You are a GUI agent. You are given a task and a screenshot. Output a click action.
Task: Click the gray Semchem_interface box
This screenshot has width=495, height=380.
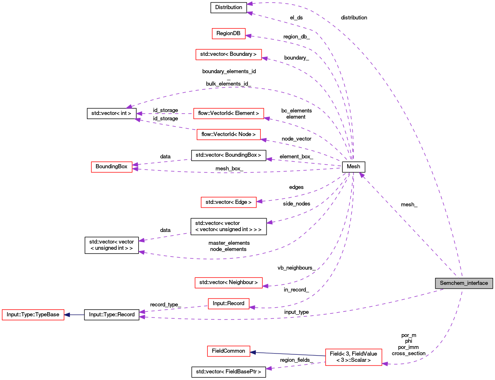pyautogui.click(x=464, y=283)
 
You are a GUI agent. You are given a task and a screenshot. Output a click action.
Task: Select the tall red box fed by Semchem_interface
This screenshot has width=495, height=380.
pyautogui.click(x=353, y=357)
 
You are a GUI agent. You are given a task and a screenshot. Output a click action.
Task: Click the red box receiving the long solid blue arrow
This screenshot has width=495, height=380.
pyautogui.click(x=228, y=351)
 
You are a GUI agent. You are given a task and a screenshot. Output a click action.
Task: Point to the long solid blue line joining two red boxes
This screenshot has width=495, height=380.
pyautogui.click(x=290, y=354)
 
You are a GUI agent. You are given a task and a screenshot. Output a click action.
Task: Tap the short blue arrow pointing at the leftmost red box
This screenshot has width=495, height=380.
pyautogui.click(x=74, y=315)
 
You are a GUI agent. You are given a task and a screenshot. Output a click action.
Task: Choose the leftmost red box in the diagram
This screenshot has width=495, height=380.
pyautogui.click(x=33, y=315)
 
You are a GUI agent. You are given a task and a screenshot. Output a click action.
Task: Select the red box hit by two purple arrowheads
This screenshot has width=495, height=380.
pyautogui.click(x=112, y=167)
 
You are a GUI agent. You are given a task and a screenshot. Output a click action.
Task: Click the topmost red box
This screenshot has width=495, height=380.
pyautogui.click(x=228, y=34)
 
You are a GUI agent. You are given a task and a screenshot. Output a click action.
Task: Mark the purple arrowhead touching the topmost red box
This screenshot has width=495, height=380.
pyautogui.click(x=248, y=36)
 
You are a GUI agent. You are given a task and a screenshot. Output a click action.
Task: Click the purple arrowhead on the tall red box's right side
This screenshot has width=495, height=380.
pyautogui.click(x=385, y=364)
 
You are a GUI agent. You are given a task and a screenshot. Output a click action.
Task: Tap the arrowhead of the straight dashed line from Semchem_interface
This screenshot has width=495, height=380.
pyautogui.click(x=361, y=175)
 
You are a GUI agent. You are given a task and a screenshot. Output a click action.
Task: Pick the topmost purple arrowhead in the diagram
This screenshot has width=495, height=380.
pyautogui.click(x=250, y=4)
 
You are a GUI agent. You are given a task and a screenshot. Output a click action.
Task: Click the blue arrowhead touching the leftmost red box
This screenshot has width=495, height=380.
pyautogui.click(x=67, y=315)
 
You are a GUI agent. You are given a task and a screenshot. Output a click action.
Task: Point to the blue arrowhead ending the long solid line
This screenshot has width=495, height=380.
pyautogui.click(x=253, y=352)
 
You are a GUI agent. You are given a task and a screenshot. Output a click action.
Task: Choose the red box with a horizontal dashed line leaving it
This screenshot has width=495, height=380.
pyautogui.click(x=228, y=113)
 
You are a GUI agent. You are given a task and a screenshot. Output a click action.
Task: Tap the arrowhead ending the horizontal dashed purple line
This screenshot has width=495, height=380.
pyautogui.click(x=139, y=114)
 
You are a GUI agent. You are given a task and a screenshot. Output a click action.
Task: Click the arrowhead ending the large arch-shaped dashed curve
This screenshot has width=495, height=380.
pyautogui.click(x=129, y=107)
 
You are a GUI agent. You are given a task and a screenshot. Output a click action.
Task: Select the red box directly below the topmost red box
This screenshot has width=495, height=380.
pyautogui.click(x=228, y=55)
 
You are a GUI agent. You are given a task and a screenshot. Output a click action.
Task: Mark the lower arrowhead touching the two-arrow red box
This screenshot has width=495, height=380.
pyautogui.click(x=135, y=169)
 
